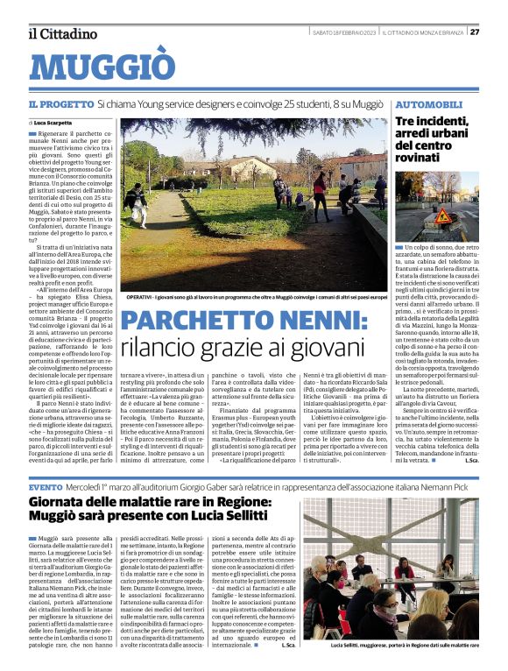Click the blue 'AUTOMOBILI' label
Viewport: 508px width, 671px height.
[x=429, y=103]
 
